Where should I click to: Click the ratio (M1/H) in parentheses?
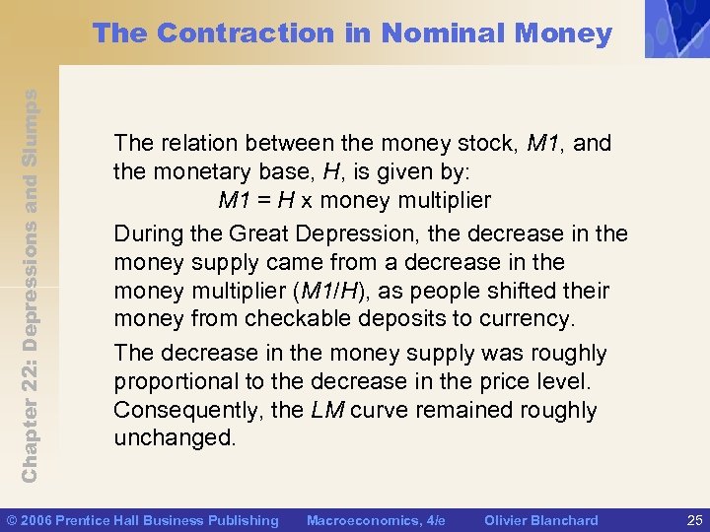point(301,292)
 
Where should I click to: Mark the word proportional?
point(170,381)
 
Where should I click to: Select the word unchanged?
point(175,438)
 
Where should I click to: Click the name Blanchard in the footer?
point(564,520)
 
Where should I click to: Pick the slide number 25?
point(692,520)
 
